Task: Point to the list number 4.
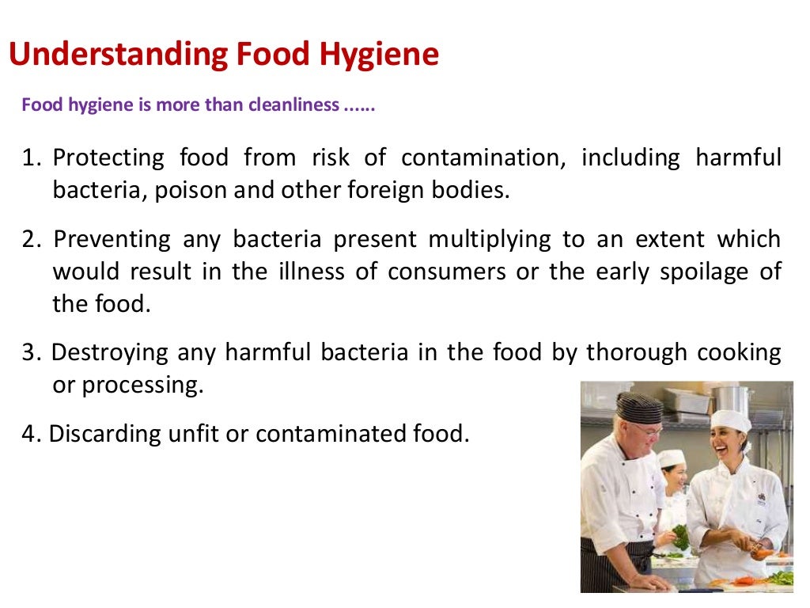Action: pos(30,433)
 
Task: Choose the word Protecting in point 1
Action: pos(108,158)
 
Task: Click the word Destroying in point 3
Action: pos(110,352)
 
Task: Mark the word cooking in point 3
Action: pos(736,352)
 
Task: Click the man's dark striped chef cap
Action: pos(639,407)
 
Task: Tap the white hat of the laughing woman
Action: pos(730,420)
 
